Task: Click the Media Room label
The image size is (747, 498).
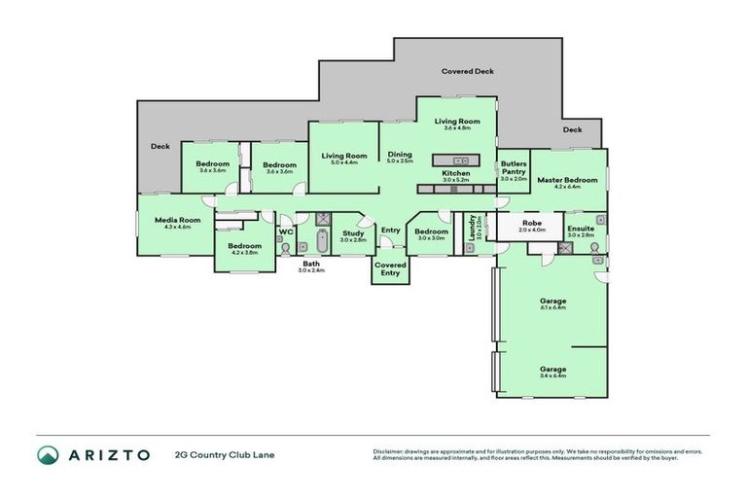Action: coord(176,220)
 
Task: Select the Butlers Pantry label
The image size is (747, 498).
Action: coord(513,168)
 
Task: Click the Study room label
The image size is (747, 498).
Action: coord(352,232)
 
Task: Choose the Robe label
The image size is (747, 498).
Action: coord(532,223)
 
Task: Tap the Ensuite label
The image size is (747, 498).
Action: coord(581,229)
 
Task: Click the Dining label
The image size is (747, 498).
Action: coord(400,155)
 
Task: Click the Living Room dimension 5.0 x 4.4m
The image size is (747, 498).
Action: coord(344,162)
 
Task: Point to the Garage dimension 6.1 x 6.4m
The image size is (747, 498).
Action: coord(552,307)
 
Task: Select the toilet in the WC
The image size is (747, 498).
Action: coord(284,249)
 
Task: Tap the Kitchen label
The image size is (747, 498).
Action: coord(455,173)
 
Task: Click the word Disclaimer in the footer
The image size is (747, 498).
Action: coord(390,451)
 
